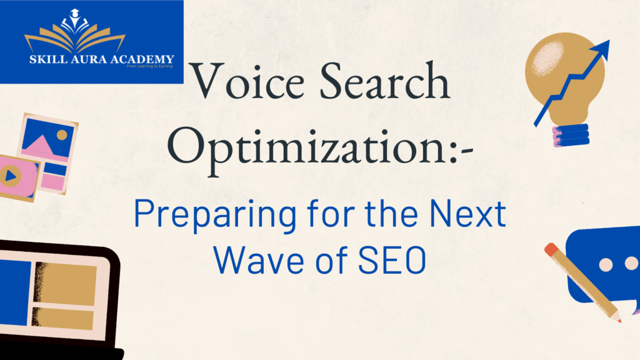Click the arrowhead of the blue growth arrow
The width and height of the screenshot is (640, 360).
(x=601, y=49)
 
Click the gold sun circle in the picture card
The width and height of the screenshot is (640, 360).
(x=61, y=134)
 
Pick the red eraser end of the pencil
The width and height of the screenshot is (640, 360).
(x=551, y=250)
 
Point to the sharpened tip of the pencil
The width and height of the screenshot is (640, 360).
(x=619, y=321)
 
